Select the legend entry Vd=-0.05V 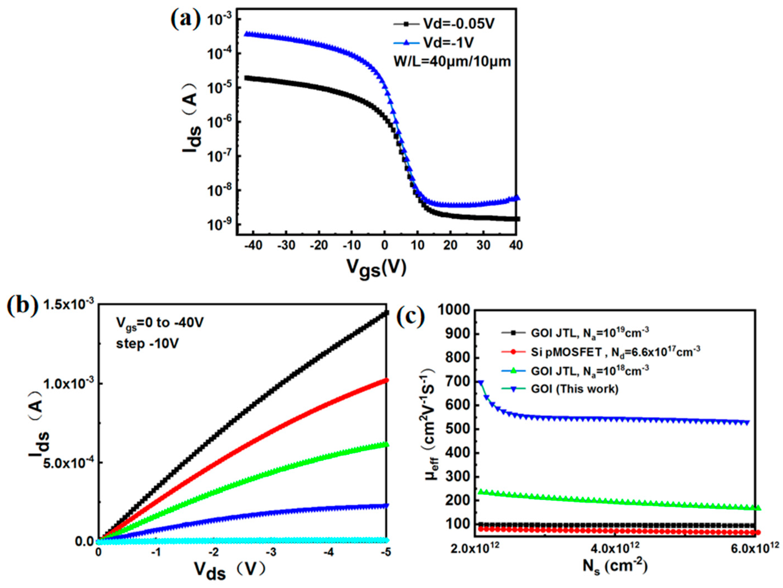pyautogui.click(x=459, y=24)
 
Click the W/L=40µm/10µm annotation pyautogui.click(x=452, y=62)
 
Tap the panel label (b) pyautogui.click(x=22, y=307)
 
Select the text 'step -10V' pyautogui.click(x=147, y=344)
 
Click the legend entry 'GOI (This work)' pyautogui.click(x=574, y=389)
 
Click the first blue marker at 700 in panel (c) pyautogui.click(x=480, y=382)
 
